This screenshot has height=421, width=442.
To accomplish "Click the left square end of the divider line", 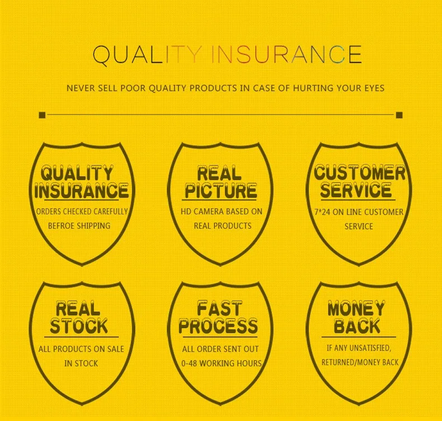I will [x=42, y=115].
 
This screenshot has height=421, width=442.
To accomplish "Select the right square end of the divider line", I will [x=399, y=115].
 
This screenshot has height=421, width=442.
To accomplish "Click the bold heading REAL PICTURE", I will [x=220, y=182].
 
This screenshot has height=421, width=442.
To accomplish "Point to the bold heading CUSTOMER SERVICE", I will [x=359, y=181].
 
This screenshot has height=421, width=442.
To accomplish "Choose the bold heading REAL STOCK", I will [x=79, y=317].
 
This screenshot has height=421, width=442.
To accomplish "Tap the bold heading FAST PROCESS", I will [x=218, y=317].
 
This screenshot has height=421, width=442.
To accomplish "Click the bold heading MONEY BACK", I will [x=356, y=317].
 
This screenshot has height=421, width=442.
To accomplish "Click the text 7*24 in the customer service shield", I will [x=323, y=212].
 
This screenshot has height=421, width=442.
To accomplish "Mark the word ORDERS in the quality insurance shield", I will [x=48, y=212].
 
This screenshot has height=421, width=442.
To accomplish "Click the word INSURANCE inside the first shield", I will [x=82, y=191].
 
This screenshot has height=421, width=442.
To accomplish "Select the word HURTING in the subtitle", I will [x=313, y=88].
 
